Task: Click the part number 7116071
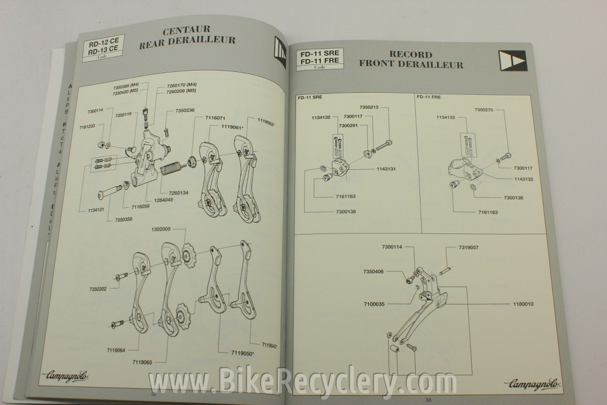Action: tap(215, 118)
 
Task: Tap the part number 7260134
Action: tap(178, 193)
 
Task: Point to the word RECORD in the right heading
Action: tap(411, 55)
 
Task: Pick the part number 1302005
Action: tap(161, 229)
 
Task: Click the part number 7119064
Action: tap(116, 350)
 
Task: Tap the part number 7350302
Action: tap(98, 289)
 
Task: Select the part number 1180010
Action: tap(523, 304)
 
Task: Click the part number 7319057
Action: tap(468, 248)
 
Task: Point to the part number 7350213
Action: tap(369, 107)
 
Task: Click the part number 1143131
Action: tap(386, 169)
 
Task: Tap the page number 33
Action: tap(428, 400)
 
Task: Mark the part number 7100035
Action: tap(374, 304)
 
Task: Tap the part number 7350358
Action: tap(124, 220)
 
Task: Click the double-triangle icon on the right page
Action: tap(513, 61)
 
